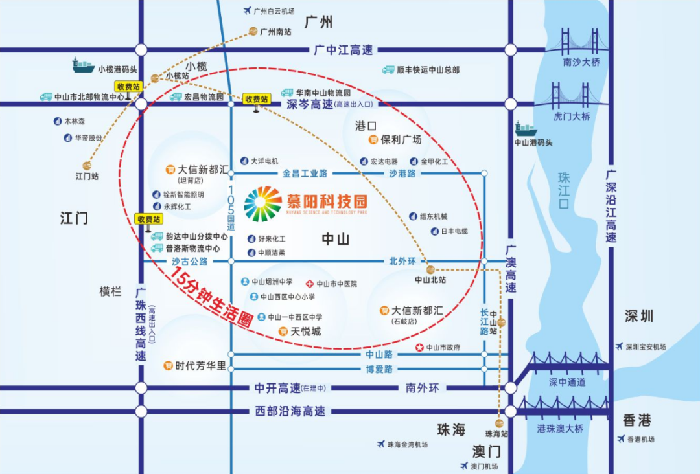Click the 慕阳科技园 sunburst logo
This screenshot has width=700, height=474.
coord(263,204)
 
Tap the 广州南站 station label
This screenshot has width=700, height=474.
coord(275,31)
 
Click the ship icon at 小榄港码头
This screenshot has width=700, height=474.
coord(84,65)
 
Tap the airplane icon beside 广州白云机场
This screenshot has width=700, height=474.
coord(246,11)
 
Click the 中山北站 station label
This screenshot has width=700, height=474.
coord(430,280)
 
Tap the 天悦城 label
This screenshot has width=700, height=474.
coord(305,332)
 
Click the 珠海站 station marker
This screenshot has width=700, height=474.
coord(499,423)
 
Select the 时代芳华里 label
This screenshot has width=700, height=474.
coord(201,366)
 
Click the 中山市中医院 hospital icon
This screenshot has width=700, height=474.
coord(310,284)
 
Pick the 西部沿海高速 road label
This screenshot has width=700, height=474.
coord(290,411)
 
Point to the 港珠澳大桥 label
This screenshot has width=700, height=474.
coord(560,429)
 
